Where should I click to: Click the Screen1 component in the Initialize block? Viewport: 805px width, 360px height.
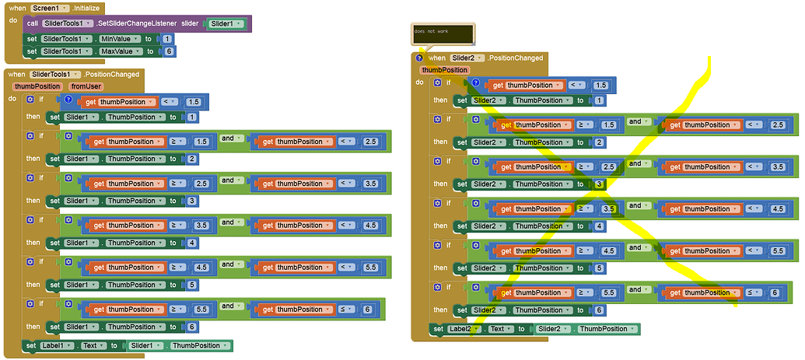pos(47,7)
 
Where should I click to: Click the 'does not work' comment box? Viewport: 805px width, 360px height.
pos(443,33)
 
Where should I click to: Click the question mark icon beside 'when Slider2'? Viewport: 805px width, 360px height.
pos(420,58)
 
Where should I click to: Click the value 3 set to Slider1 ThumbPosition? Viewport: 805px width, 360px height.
pos(191,201)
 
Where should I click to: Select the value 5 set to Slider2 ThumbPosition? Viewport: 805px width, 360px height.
pos(599,268)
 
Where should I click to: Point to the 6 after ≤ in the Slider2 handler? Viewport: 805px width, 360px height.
pos(775,293)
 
